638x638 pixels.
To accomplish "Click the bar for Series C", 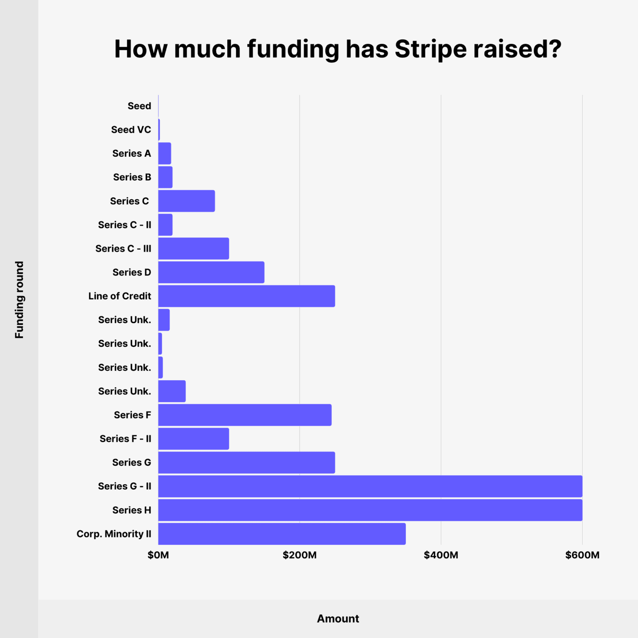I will coord(187,201).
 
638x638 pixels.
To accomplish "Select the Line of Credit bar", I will coord(246,296).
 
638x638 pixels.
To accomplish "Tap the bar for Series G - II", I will coord(370,486).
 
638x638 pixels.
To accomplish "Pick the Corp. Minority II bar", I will coord(282,533).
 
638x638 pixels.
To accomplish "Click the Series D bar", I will coord(211,272).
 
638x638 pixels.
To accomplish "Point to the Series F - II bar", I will coord(194,439).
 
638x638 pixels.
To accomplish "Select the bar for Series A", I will coord(165,153).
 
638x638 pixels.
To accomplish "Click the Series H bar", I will coord(370,510).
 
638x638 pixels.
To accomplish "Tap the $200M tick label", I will coord(300,555).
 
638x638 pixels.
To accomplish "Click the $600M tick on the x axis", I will coord(582,555).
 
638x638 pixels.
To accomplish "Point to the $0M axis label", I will coord(158,555).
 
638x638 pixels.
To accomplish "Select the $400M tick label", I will coord(441,555).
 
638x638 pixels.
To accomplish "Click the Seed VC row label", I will coord(131,130).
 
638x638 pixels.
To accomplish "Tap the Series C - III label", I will coord(123,249).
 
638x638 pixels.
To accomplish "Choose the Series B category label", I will coord(132,177).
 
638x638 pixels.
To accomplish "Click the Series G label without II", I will coord(132,463).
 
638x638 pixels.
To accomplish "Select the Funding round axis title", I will coord(19,300).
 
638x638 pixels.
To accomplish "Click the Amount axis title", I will coord(338,619).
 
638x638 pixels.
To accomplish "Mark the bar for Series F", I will coord(245,415).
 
